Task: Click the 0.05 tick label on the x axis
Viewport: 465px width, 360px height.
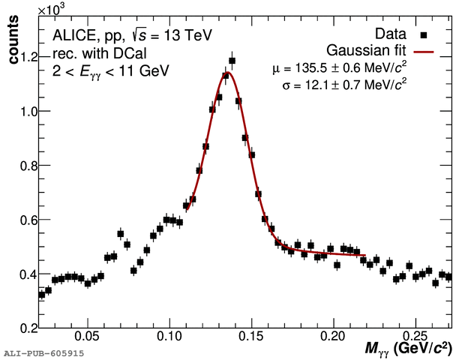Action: click(x=88, y=337)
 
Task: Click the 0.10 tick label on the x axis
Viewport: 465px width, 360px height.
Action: click(x=169, y=337)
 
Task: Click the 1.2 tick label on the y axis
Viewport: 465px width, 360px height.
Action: click(x=28, y=57)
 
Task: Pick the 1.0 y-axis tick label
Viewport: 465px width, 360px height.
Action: click(x=28, y=111)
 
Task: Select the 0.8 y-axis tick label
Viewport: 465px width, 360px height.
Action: click(x=28, y=166)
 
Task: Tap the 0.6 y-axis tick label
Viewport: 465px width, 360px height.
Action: click(x=28, y=220)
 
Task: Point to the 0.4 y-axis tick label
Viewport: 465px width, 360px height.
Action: click(x=28, y=274)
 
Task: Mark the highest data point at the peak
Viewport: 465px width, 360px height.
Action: click(x=232, y=61)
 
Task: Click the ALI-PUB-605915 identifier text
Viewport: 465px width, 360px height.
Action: click(x=34, y=352)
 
